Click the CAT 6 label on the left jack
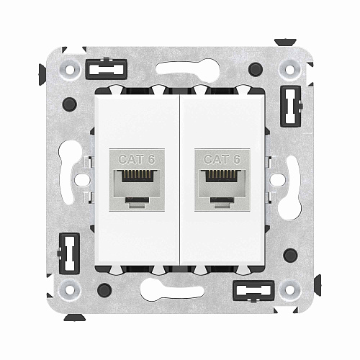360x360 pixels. coord(136,159)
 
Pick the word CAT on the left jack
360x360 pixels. coord(131,159)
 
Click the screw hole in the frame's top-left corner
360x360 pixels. coord(71,71)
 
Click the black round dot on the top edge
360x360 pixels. coord(255,70)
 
